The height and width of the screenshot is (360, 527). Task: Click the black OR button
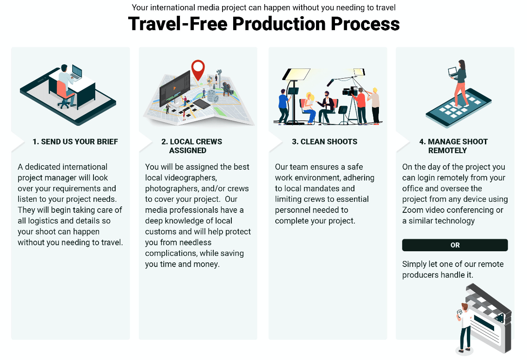click(x=455, y=245)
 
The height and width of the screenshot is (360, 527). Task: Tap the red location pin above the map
click(x=198, y=69)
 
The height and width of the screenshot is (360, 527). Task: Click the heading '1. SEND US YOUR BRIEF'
click(x=75, y=142)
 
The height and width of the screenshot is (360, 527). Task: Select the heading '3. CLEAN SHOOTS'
click(x=325, y=142)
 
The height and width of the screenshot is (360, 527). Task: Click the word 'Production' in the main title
click(x=279, y=24)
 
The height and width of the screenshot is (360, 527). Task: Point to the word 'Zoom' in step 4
click(x=413, y=210)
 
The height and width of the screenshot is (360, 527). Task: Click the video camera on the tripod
click(x=350, y=91)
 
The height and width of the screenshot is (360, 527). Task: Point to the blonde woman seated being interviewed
click(x=309, y=107)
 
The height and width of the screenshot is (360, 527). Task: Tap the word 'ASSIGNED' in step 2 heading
click(x=187, y=150)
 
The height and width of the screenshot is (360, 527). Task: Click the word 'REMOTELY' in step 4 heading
click(x=447, y=150)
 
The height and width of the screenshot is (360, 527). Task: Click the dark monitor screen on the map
click(x=175, y=87)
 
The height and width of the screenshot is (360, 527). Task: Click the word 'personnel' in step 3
click(x=292, y=210)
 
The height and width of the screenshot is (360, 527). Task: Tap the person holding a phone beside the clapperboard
click(x=465, y=328)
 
